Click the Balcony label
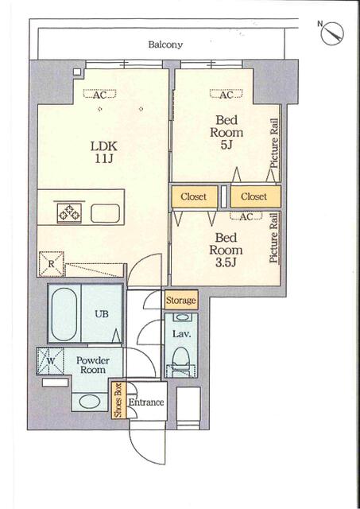click(165, 45)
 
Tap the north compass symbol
click(331, 33)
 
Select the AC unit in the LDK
click(99, 95)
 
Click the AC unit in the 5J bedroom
click(226, 95)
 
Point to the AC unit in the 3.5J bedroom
click(246, 216)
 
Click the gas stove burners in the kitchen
click(69, 213)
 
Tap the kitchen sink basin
click(105, 213)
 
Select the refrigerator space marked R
click(51, 264)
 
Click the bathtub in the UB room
click(64, 314)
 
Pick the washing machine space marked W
click(50, 361)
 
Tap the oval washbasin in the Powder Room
click(90, 402)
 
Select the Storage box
click(181, 301)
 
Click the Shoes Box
click(118, 400)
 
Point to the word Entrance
click(146, 402)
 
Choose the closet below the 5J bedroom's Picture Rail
click(256, 196)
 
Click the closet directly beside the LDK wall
click(194, 196)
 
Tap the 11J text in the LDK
click(104, 159)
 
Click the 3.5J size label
click(226, 262)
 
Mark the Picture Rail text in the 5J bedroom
click(274, 143)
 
